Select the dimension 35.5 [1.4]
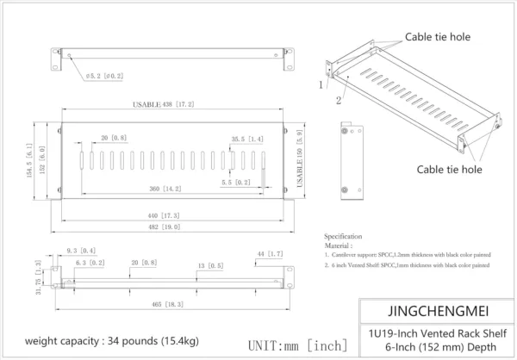247,139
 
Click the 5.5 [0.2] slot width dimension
237,183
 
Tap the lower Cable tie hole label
449,170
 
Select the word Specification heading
343,236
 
